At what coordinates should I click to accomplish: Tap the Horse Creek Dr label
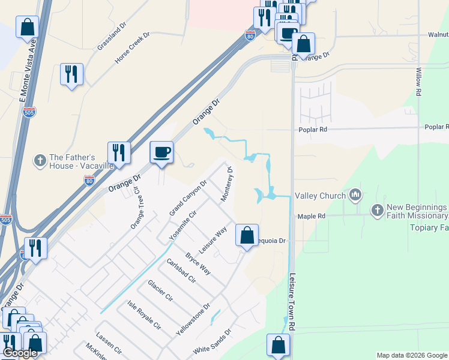(132, 49)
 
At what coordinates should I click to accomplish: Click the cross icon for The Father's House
(40, 160)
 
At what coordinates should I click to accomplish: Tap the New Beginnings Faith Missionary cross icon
(377, 210)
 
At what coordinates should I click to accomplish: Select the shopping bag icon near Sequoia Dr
(247, 235)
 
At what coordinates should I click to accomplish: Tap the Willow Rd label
(418, 80)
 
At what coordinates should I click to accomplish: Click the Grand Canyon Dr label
(188, 198)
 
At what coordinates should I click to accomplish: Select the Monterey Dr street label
(226, 184)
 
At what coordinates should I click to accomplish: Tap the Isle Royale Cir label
(144, 315)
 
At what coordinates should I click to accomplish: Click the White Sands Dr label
(212, 341)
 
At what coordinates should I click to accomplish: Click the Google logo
(20, 353)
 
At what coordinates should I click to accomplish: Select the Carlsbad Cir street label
(181, 271)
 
